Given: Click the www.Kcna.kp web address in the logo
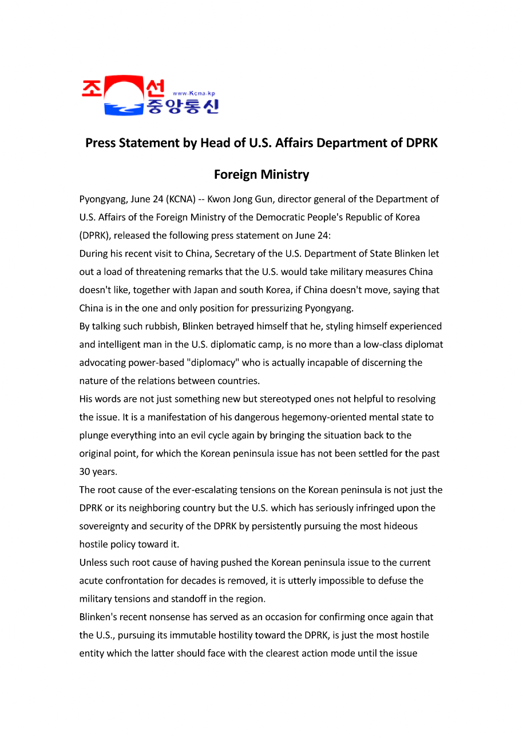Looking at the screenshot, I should [193, 93].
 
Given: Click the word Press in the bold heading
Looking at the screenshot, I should [100, 143].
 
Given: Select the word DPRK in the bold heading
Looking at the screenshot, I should [422, 143].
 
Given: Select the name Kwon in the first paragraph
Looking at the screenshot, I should [219, 199].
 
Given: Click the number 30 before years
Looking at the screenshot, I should [85, 472].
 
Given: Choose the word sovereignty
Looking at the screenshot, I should [105, 526].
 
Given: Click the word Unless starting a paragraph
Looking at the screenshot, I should [93, 563].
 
